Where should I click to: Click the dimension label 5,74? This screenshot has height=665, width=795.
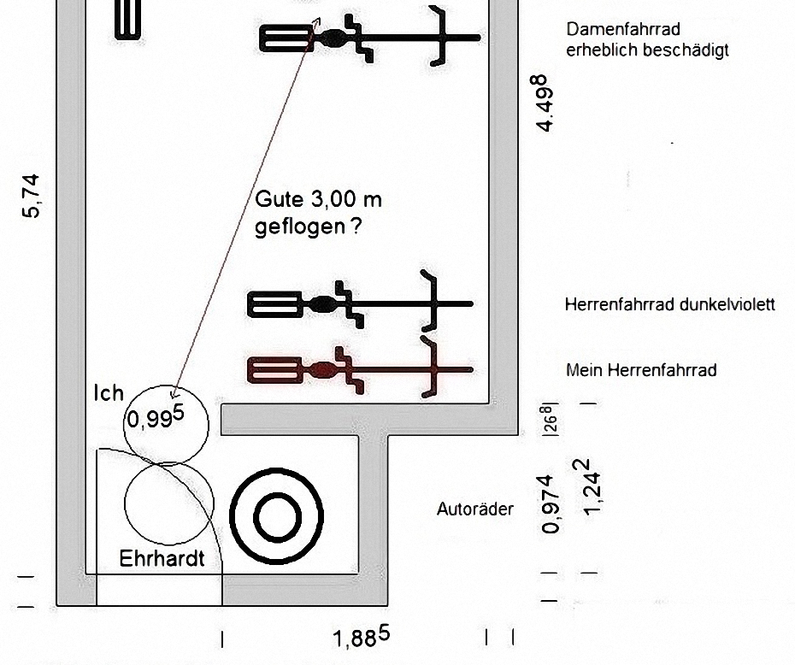click(32, 196)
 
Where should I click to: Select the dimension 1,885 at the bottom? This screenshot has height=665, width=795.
click(362, 636)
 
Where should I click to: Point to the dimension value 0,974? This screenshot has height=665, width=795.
click(553, 504)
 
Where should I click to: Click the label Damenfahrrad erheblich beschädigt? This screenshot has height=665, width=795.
click(647, 40)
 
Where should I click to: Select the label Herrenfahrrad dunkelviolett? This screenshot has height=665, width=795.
click(670, 304)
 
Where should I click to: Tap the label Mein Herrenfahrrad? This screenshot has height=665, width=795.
click(641, 370)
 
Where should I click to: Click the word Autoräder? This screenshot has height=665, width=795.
click(475, 509)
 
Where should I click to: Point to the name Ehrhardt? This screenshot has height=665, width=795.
click(162, 560)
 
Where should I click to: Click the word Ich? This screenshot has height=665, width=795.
click(109, 394)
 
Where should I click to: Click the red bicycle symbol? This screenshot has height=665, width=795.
click(360, 369)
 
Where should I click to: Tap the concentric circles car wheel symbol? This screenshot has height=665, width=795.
click(276, 515)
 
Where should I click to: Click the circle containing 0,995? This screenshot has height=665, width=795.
click(166, 422)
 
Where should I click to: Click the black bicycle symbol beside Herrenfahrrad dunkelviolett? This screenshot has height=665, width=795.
click(360, 303)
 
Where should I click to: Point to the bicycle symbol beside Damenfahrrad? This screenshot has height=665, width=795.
click(369, 37)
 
